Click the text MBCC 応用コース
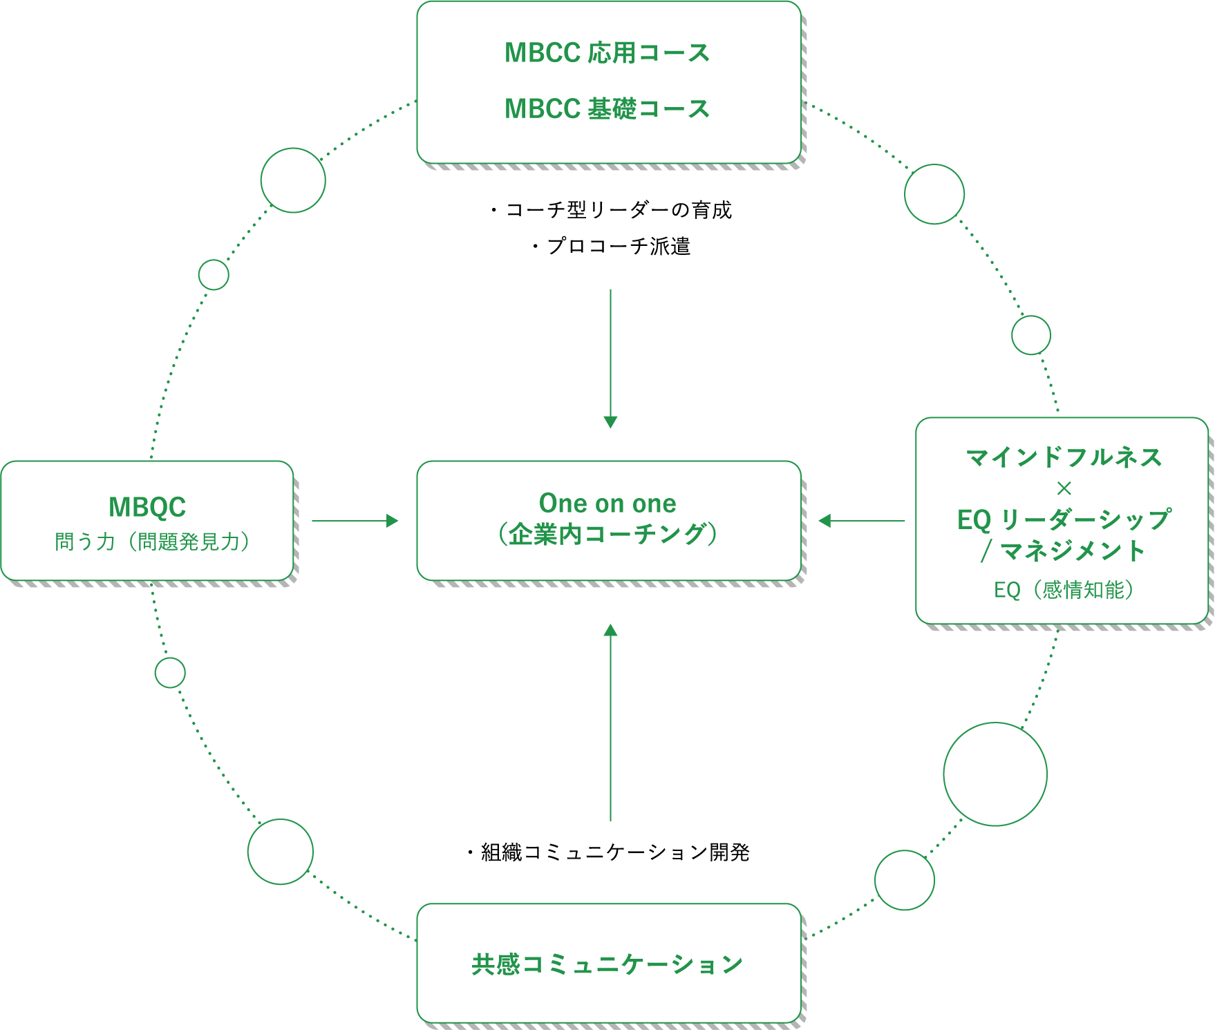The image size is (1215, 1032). [x=607, y=53]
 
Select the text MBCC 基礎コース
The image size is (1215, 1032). [x=607, y=109]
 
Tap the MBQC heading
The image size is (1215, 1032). [x=147, y=507]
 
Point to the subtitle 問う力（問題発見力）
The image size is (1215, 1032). [x=152, y=542]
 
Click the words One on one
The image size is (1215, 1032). [x=607, y=504]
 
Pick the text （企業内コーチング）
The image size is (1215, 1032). [x=607, y=534]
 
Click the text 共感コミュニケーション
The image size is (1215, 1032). [x=607, y=964]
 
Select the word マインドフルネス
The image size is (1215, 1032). [x=1064, y=457]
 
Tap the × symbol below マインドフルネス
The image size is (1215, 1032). [x=1064, y=489]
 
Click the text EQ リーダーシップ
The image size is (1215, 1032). [x=1064, y=519]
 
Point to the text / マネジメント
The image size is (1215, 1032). [x=1064, y=551]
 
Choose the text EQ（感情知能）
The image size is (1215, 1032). [x=1064, y=590]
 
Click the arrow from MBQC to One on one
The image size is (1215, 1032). [x=355, y=521]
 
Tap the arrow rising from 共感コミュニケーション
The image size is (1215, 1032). [x=610, y=723]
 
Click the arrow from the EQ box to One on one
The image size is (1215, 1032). [x=861, y=521]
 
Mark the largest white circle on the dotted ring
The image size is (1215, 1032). [x=995, y=774]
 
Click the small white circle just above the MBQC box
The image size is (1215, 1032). [x=214, y=275]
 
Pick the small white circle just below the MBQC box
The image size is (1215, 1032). [x=170, y=673]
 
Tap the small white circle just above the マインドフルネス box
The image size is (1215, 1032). [x=1030, y=335]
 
